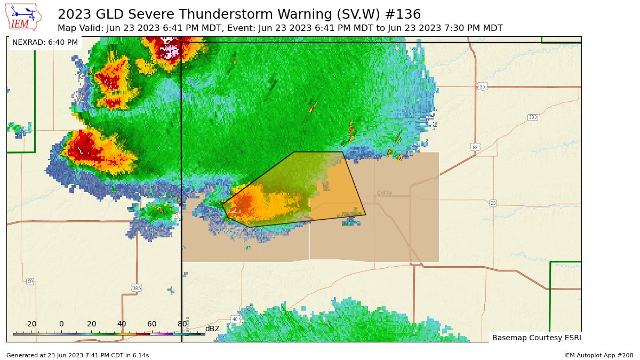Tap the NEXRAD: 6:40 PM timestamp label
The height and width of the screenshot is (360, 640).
pyautogui.click(x=45, y=42)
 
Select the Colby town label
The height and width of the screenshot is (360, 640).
pyautogui.click(x=385, y=193)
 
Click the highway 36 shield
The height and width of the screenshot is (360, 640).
pyautogui.click(x=482, y=86)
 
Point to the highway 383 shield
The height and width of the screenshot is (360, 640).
pyautogui.click(x=532, y=117)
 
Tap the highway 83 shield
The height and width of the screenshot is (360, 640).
pyautogui.click(x=475, y=146)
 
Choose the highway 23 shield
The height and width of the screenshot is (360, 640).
pyautogui.click(x=493, y=203)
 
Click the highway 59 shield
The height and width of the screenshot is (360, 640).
pyautogui.click(x=30, y=281)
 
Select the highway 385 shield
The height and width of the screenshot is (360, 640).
pyautogui.click(x=136, y=288)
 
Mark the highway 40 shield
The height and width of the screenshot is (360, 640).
pyautogui.click(x=235, y=319)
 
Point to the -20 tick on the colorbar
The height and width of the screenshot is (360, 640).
pyautogui.click(x=30, y=324)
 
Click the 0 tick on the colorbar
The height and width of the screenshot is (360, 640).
pyautogui.click(x=61, y=324)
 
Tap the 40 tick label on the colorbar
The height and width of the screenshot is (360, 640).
pyautogui.click(x=122, y=324)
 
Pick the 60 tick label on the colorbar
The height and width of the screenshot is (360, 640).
pyautogui.click(x=152, y=324)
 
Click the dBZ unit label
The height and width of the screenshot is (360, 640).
pyautogui.click(x=212, y=329)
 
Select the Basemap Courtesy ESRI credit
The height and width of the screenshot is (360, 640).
pyautogui.click(x=536, y=338)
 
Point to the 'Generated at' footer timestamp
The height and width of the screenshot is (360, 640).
pyautogui.click(x=77, y=355)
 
